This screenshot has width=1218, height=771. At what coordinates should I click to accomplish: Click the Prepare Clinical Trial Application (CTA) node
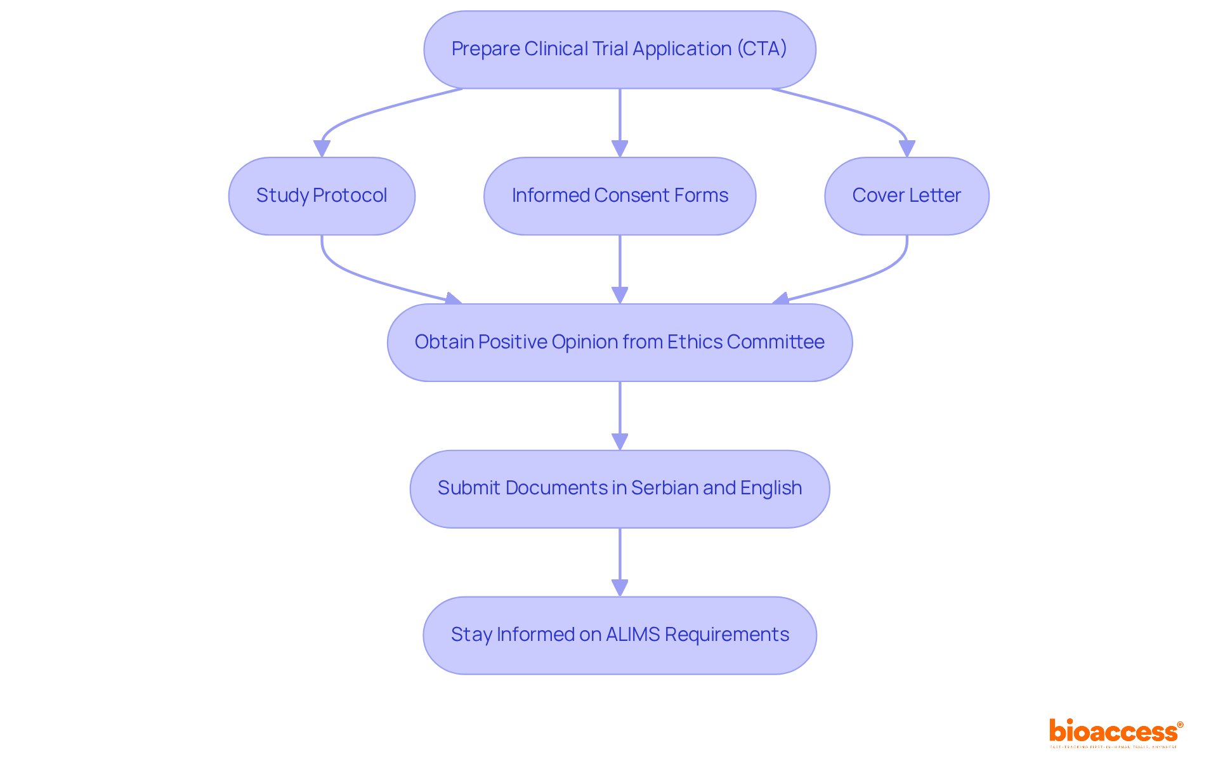click(x=619, y=49)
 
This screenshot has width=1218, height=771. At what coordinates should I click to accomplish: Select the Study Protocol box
click(x=322, y=196)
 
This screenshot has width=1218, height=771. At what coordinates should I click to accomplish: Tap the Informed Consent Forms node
click(x=619, y=196)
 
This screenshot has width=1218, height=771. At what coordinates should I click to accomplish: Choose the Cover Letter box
click(x=906, y=196)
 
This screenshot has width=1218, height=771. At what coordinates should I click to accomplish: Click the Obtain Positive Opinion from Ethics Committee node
click(x=619, y=343)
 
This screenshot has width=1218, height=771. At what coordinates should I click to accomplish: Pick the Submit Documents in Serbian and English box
click(x=619, y=489)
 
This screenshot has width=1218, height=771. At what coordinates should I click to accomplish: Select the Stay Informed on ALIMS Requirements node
click(x=619, y=635)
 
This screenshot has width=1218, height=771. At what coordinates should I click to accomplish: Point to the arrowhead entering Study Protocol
click(x=322, y=149)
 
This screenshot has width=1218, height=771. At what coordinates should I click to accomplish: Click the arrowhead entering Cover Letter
click(x=907, y=149)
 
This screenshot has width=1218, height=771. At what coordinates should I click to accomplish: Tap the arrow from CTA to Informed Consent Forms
click(x=620, y=117)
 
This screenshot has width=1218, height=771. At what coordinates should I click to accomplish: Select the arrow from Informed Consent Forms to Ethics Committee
click(x=620, y=263)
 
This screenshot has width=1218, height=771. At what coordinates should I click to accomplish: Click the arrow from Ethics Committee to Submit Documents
click(x=620, y=409)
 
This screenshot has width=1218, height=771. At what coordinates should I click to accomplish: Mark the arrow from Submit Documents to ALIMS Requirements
click(x=620, y=556)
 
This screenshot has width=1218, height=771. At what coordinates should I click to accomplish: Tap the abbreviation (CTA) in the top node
click(x=761, y=49)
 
